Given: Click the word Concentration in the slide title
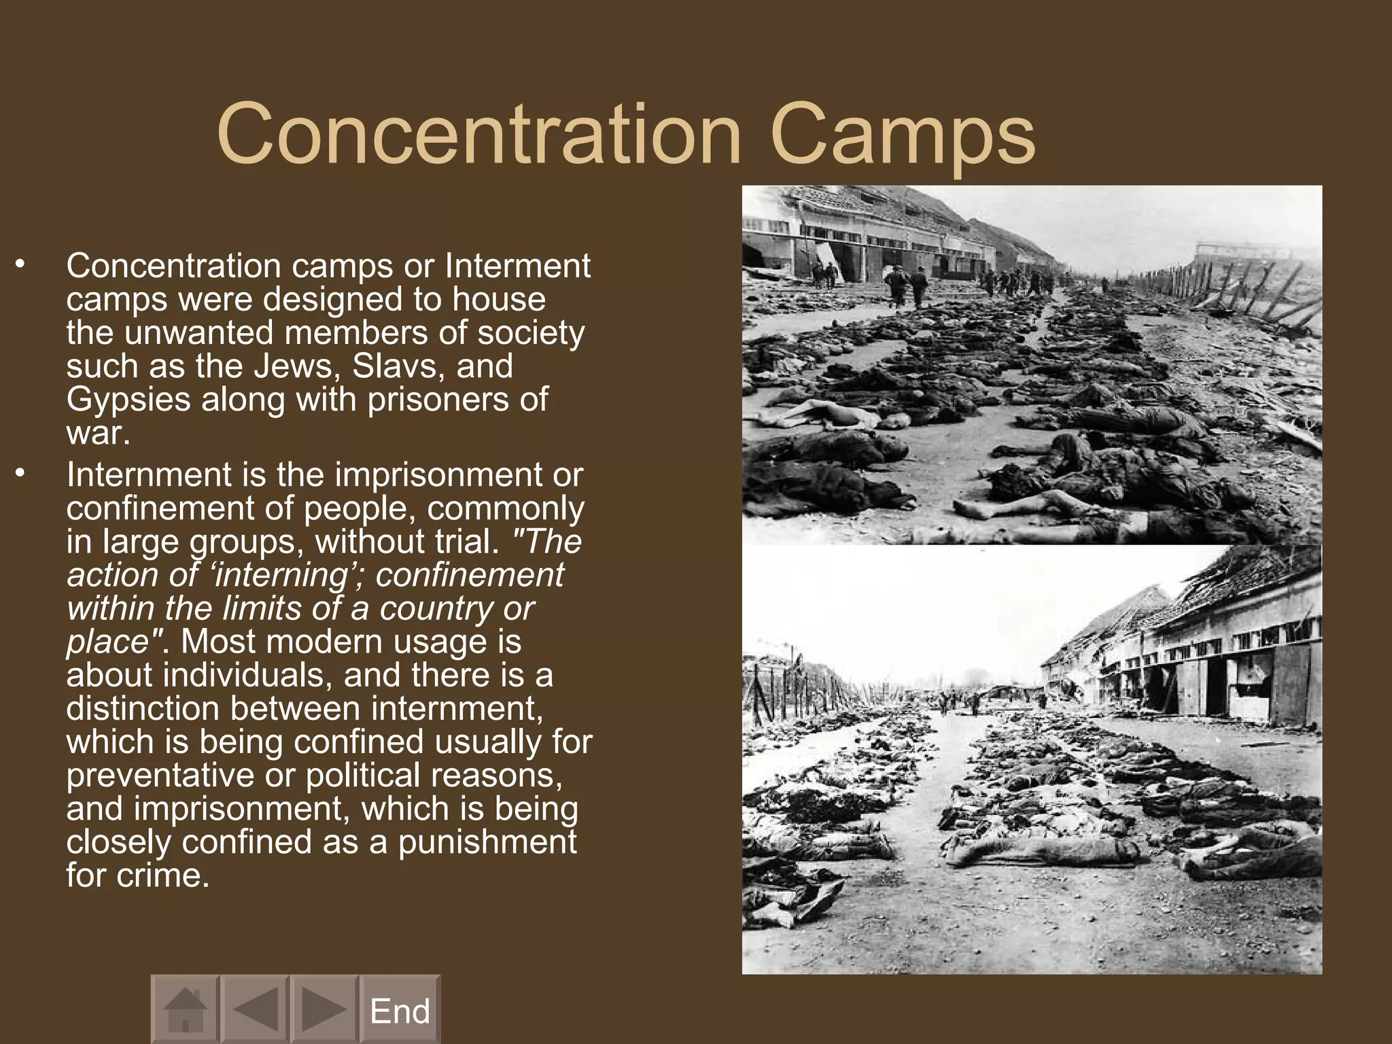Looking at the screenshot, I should (x=478, y=134).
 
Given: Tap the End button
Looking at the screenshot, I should (x=400, y=1011).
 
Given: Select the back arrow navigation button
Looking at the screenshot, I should (x=256, y=1009).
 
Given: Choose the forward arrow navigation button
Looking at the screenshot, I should (x=324, y=1009).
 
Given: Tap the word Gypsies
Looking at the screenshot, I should (x=128, y=400).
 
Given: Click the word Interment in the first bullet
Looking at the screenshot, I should (x=517, y=266).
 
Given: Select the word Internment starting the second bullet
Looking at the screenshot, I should (x=149, y=474).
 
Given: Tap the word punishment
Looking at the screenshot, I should (x=487, y=842).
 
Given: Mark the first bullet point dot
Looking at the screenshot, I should (x=21, y=264).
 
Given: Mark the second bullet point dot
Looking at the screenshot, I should (x=21, y=472).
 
